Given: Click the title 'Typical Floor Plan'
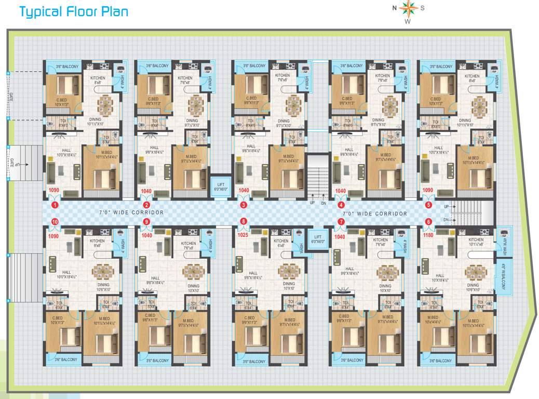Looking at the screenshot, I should click(x=73, y=11).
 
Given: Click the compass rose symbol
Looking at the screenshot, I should click(x=408, y=8).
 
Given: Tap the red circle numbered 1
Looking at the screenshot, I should click(x=55, y=205).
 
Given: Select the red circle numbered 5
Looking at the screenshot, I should click(x=428, y=205).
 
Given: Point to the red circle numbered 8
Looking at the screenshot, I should click(x=243, y=222).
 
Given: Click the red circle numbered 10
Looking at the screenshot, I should click(x=55, y=222).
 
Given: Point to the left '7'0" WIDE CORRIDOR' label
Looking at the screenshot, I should click(x=131, y=212).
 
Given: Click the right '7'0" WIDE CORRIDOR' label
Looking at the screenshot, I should click(x=374, y=214).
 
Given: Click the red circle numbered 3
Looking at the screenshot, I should click(x=243, y=205).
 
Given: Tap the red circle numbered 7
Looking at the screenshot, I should click(x=341, y=222).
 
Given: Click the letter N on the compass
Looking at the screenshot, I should click(x=394, y=8).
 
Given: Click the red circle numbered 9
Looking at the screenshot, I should click(x=146, y=222).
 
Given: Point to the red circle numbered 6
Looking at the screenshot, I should click(x=428, y=222).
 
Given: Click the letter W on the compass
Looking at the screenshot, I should click(x=408, y=22).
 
